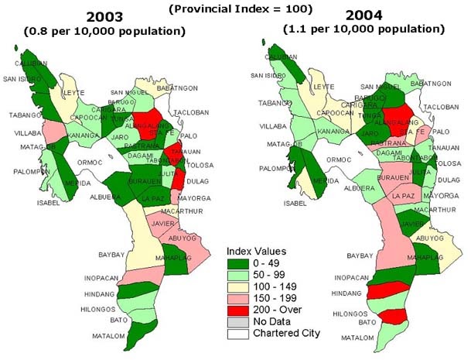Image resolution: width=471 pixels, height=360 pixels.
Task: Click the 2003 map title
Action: pos(108,16)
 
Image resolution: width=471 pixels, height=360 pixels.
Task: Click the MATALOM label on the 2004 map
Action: pos(357,338)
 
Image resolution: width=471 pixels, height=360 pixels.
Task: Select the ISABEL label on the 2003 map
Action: pos(47,204)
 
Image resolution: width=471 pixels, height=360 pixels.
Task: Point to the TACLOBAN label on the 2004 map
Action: pos(442,106)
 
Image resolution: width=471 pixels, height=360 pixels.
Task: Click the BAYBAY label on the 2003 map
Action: pos(112,254)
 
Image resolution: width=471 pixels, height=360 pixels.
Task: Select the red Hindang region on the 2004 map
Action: pos(387,291)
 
